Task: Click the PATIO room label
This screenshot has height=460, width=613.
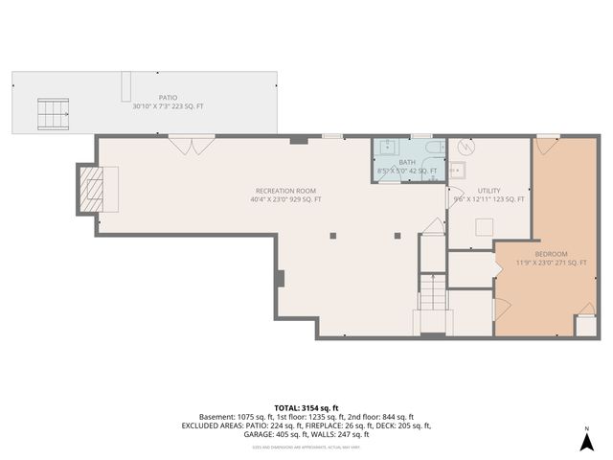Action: (169, 97)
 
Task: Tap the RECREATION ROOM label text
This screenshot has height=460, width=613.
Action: (285, 191)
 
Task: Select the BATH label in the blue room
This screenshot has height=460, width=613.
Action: (408, 163)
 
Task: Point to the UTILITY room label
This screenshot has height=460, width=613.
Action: (488, 191)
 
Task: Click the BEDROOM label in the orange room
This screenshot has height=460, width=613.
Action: (552, 253)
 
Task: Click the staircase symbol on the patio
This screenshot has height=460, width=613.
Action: (54, 115)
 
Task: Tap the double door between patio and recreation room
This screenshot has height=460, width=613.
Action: (186, 146)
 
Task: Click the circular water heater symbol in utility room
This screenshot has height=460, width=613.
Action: (466, 149)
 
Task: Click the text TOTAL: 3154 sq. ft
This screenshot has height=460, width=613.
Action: (306, 406)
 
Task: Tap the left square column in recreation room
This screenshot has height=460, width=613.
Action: (333, 235)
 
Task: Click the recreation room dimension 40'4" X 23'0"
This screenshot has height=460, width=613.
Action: (285, 199)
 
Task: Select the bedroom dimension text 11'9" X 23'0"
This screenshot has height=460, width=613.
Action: (552, 263)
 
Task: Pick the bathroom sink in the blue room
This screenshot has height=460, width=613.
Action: (388, 149)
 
